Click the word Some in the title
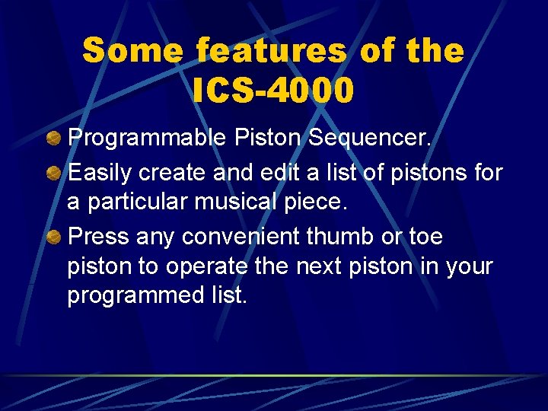[x=132, y=52]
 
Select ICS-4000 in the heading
[x=273, y=91]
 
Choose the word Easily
[x=100, y=174]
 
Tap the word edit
[x=278, y=174]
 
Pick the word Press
[x=99, y=237]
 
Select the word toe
[x=425, y=237]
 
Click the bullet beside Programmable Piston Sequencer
[x=54, y=139]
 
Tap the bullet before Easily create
[x=54, y=173]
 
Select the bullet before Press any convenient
[x=54, y=237]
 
